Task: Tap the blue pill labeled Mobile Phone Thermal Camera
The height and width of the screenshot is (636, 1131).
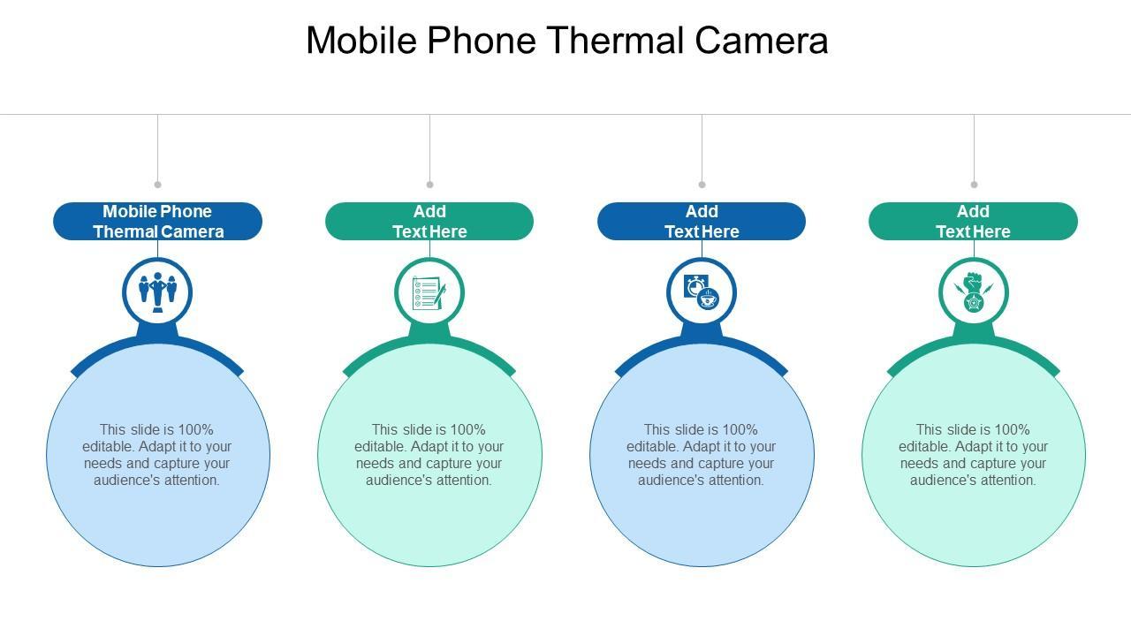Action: [157, 221]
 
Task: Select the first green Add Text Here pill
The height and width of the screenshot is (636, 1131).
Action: [429, 221]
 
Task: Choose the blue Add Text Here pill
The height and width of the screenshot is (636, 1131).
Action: [702, 221]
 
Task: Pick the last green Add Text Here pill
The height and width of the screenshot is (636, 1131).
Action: [973, 221]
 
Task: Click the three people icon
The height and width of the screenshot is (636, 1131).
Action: [157, 291]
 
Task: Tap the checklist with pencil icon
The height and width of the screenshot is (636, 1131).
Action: [429, 292]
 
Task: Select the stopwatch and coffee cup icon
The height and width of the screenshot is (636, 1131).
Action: [702, 292]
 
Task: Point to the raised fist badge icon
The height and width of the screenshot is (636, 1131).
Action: [973, 292]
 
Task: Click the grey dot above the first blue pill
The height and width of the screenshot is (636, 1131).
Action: [157, 185]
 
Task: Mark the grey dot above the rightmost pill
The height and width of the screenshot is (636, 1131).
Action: [974, 185]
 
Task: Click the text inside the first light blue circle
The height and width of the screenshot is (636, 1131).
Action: [157, 455]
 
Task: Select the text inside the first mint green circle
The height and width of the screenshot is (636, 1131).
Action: [429, 455]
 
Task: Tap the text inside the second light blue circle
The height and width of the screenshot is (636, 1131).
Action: [702, 455]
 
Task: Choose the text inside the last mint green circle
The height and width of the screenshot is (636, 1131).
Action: [973, 455]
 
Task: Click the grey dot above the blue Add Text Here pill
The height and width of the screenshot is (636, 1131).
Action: [702, 185]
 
